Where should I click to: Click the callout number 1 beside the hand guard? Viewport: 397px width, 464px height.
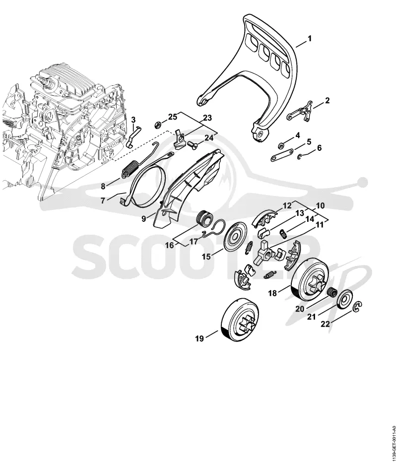pos(310,39)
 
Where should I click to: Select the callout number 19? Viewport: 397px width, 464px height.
pos(199,338)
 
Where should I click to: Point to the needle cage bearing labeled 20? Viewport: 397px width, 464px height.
pos(332,291)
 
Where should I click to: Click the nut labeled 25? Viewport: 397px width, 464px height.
pos(157,125)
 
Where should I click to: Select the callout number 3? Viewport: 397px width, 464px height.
pos(133,120)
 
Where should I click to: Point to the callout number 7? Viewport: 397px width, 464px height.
pos(102,200)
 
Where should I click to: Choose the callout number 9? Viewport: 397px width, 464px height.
pos(143,219)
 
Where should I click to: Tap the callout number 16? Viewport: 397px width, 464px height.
pos(170,246)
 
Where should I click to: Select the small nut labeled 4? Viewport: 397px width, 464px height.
pos(282,145)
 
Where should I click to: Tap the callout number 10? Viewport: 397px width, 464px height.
pos(320,205)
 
